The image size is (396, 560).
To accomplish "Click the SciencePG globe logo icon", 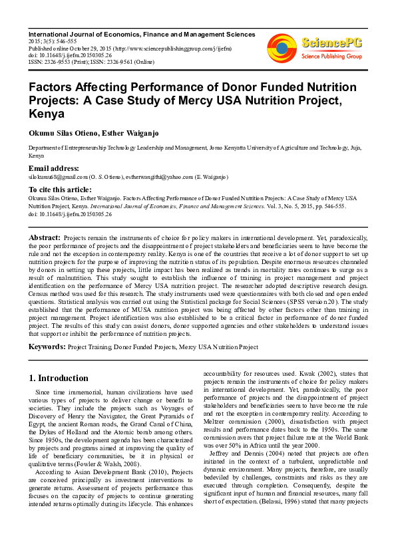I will click(281, 45).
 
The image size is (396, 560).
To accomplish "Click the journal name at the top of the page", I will click(141, 34).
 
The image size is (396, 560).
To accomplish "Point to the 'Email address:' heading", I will click(53, 169).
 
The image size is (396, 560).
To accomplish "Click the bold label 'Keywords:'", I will click(47, 347).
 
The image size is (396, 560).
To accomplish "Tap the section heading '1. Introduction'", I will click(59, 378).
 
